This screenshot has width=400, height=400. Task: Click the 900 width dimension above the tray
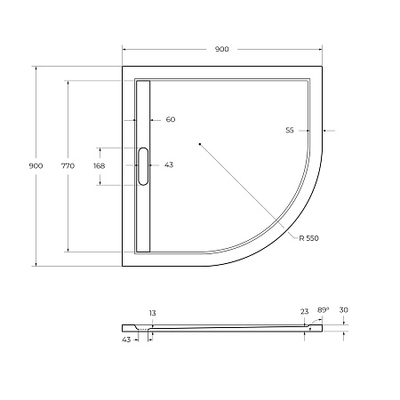pyautogui.click(x=222, y=49)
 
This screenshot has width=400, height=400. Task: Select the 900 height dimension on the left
pyautogui.click(x=36, y=166)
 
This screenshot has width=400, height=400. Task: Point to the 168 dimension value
pyautogui.click(x=99, y=166)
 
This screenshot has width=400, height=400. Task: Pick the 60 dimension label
pyautogui.click(x=171, y=120)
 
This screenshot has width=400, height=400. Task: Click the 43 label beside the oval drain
pyautogui.click(x=169, y=166)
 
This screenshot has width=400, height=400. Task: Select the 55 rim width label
pyautogui.click(x=290, y=131)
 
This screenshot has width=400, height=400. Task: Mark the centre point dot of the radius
pyautogui.click(x=200, y=143)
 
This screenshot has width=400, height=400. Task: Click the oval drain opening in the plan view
pyautogui.click(x=145, y=166)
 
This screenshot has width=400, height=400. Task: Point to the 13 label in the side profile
pyautogui.click(x=152, y=313)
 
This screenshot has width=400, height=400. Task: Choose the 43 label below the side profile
pyautogui.click(x=125, y=339)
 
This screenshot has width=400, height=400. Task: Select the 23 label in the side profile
pyautogui.click(x=304, y=312)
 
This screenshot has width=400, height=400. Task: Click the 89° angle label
pyautogui.click(x=324, y=309)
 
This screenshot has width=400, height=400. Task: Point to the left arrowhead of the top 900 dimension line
pyautogui.click(x=124, y=49)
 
